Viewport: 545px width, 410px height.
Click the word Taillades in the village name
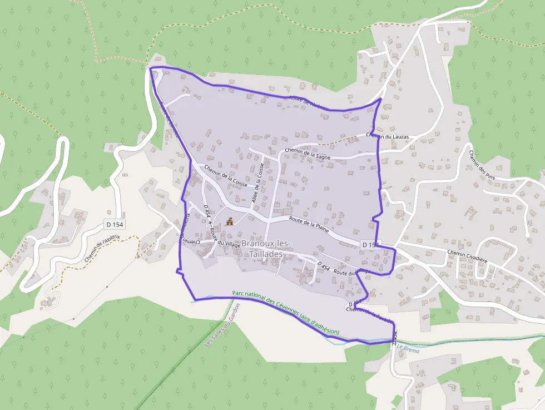pyautogui.click(x=266, y=254)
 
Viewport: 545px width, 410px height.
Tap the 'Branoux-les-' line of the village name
pyautogui.click(x=266, y=244)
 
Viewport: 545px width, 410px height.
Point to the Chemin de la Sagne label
pyautogui.click(x=308, y=154)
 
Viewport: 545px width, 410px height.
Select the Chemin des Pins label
pyautogui.click(x=482, y=165)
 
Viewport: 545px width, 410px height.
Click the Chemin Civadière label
pyautogui.click(x=467, y=251)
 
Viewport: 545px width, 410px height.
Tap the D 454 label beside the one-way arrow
pyautogui.click(x=207, y=212)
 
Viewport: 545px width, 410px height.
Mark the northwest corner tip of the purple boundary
pyautogui.click(x=151, y=68)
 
